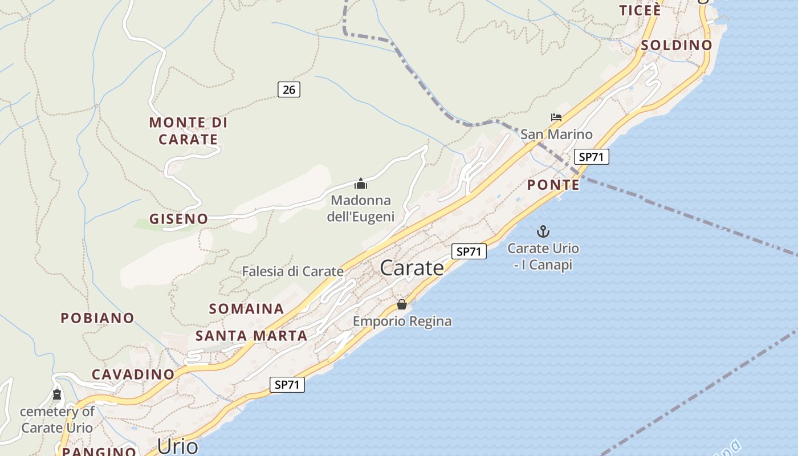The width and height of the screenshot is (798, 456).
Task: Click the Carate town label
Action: point(412,267)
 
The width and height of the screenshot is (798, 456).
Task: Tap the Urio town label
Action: point(177,446)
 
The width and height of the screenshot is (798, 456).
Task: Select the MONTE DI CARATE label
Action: point(188,131)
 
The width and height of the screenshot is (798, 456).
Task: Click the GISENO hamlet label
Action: point(178,218)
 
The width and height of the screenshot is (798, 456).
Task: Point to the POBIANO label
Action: point(97,318)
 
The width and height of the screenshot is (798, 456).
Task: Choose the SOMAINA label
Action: point(246,309)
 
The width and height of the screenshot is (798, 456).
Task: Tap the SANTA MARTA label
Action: point(251,336)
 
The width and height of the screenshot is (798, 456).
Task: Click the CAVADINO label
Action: point(133,374)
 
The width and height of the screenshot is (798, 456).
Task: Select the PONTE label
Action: point(553,185)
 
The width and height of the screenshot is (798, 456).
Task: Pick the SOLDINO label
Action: point(677,45)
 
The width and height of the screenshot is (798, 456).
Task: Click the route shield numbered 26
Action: point(289,89)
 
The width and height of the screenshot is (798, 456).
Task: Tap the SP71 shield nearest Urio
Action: point(287,385)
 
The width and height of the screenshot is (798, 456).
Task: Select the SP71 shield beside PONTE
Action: point(591,157)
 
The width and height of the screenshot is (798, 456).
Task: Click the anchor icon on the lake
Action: point(543,231)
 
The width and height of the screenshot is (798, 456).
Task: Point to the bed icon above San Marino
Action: point(556,118)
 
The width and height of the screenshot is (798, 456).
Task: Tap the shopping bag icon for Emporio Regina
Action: point(402,304)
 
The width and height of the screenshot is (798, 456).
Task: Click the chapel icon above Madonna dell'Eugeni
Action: point(360,184)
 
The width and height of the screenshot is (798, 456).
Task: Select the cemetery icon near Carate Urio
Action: point(56,394)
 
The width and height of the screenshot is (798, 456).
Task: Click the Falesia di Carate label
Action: point(292,271)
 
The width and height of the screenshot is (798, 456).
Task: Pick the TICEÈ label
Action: point(640,10)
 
